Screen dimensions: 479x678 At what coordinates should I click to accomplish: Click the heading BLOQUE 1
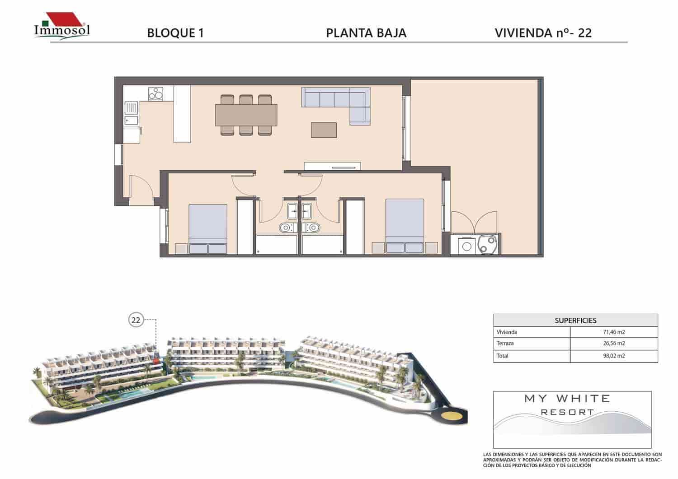[x=175, y=33]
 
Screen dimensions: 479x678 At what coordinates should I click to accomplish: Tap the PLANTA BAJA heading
[x=366, y=33]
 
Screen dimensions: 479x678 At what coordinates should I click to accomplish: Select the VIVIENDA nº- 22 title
[x=543, y=33]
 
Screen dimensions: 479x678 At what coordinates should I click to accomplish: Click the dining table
[x=246, y=115]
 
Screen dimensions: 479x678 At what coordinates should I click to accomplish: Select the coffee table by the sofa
[x=324, y=130]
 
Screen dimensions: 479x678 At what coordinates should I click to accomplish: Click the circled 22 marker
[x=136, y=320]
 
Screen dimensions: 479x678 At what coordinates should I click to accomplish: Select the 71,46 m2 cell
[x=613, y=332]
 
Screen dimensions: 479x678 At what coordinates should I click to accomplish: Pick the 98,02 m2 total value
[x=613, y=356]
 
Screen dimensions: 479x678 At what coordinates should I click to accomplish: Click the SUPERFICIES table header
[x=575, y=320]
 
